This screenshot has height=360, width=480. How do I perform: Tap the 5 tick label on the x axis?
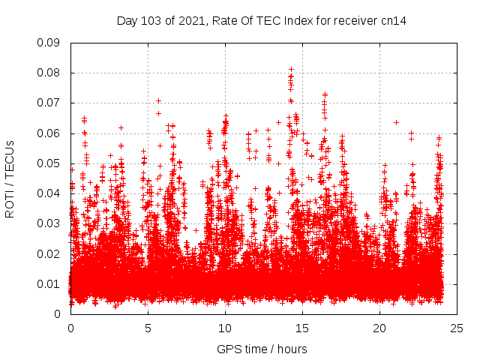click(x=148, y=328)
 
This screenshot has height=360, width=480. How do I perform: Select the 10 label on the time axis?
click(x=225, y=328)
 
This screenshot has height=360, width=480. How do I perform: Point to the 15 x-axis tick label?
click(x=302, y=328)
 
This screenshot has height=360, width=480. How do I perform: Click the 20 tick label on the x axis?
click(x=379, y=328)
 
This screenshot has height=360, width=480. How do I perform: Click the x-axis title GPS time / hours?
click(x=262, y=349)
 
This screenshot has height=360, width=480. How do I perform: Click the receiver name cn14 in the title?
click(x=394, y=20)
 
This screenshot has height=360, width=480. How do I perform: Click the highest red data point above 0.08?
click(x=291, y=69)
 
